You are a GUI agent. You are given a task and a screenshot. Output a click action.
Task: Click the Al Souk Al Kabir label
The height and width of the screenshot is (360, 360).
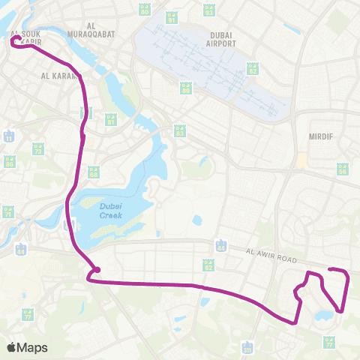27,37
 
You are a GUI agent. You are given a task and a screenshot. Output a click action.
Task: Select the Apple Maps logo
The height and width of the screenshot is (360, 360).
27,347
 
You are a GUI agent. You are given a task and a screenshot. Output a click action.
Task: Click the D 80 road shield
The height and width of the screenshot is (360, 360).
166,10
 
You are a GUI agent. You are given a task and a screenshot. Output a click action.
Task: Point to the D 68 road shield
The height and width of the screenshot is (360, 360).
94,172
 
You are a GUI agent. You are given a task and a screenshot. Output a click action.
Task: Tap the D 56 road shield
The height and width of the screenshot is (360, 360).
343,169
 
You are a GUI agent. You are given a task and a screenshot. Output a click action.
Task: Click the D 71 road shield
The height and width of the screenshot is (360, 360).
8,212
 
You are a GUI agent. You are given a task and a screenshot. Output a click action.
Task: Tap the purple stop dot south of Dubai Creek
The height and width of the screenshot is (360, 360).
97,270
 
